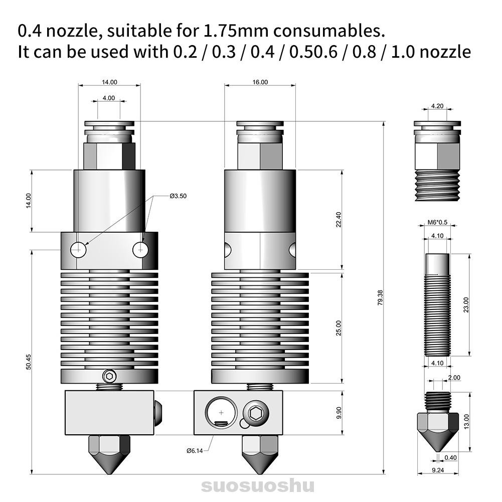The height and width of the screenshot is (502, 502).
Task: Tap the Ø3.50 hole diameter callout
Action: pos(178,196)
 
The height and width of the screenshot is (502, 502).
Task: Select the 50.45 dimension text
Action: pos(29,362)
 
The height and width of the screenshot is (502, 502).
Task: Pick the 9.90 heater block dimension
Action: pos(339,413)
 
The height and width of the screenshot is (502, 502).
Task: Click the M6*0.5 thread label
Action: pos(437,223)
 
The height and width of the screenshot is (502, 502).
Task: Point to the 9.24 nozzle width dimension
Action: pos(437,470)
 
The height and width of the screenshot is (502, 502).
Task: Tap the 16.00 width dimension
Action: pos(260,82)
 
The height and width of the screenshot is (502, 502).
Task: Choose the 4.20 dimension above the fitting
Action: pos(437,106)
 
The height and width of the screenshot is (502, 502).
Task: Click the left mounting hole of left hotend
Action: pos(78,249)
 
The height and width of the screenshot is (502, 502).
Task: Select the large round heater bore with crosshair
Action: pos(221,413)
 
